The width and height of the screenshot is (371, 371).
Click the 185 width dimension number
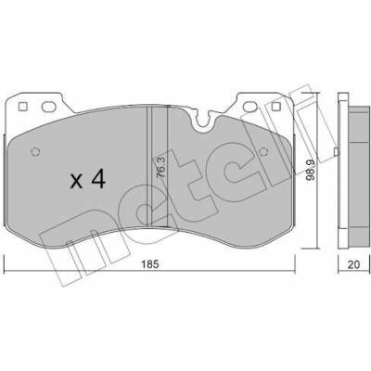(x=150, y=264)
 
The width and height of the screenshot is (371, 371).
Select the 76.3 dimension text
(x=161, y=167)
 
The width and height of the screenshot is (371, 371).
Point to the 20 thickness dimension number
(x=353, y=264)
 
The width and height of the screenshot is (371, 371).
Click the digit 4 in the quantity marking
(x=98, y=180)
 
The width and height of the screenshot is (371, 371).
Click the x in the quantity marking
(x=76, y=182)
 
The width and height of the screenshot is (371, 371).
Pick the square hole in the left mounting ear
(x=23, y=107)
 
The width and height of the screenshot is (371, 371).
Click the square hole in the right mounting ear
(x=275, y=107)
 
